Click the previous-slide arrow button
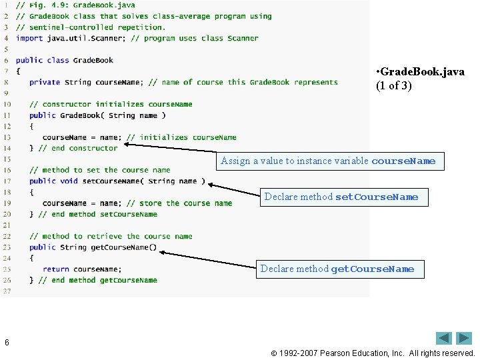(445, 338)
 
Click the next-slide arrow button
(464, 338)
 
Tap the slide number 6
(7, 342)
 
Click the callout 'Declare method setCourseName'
(341, 197)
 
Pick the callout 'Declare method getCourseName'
(337, 269)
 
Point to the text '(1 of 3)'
(395, 85)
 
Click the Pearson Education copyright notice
(377, 353)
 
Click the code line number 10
(7, 104)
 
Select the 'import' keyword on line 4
(29, 38)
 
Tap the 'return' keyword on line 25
(55, 269)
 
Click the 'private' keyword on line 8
(45, 82)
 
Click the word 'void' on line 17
(69, 181)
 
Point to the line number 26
(7, 280)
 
